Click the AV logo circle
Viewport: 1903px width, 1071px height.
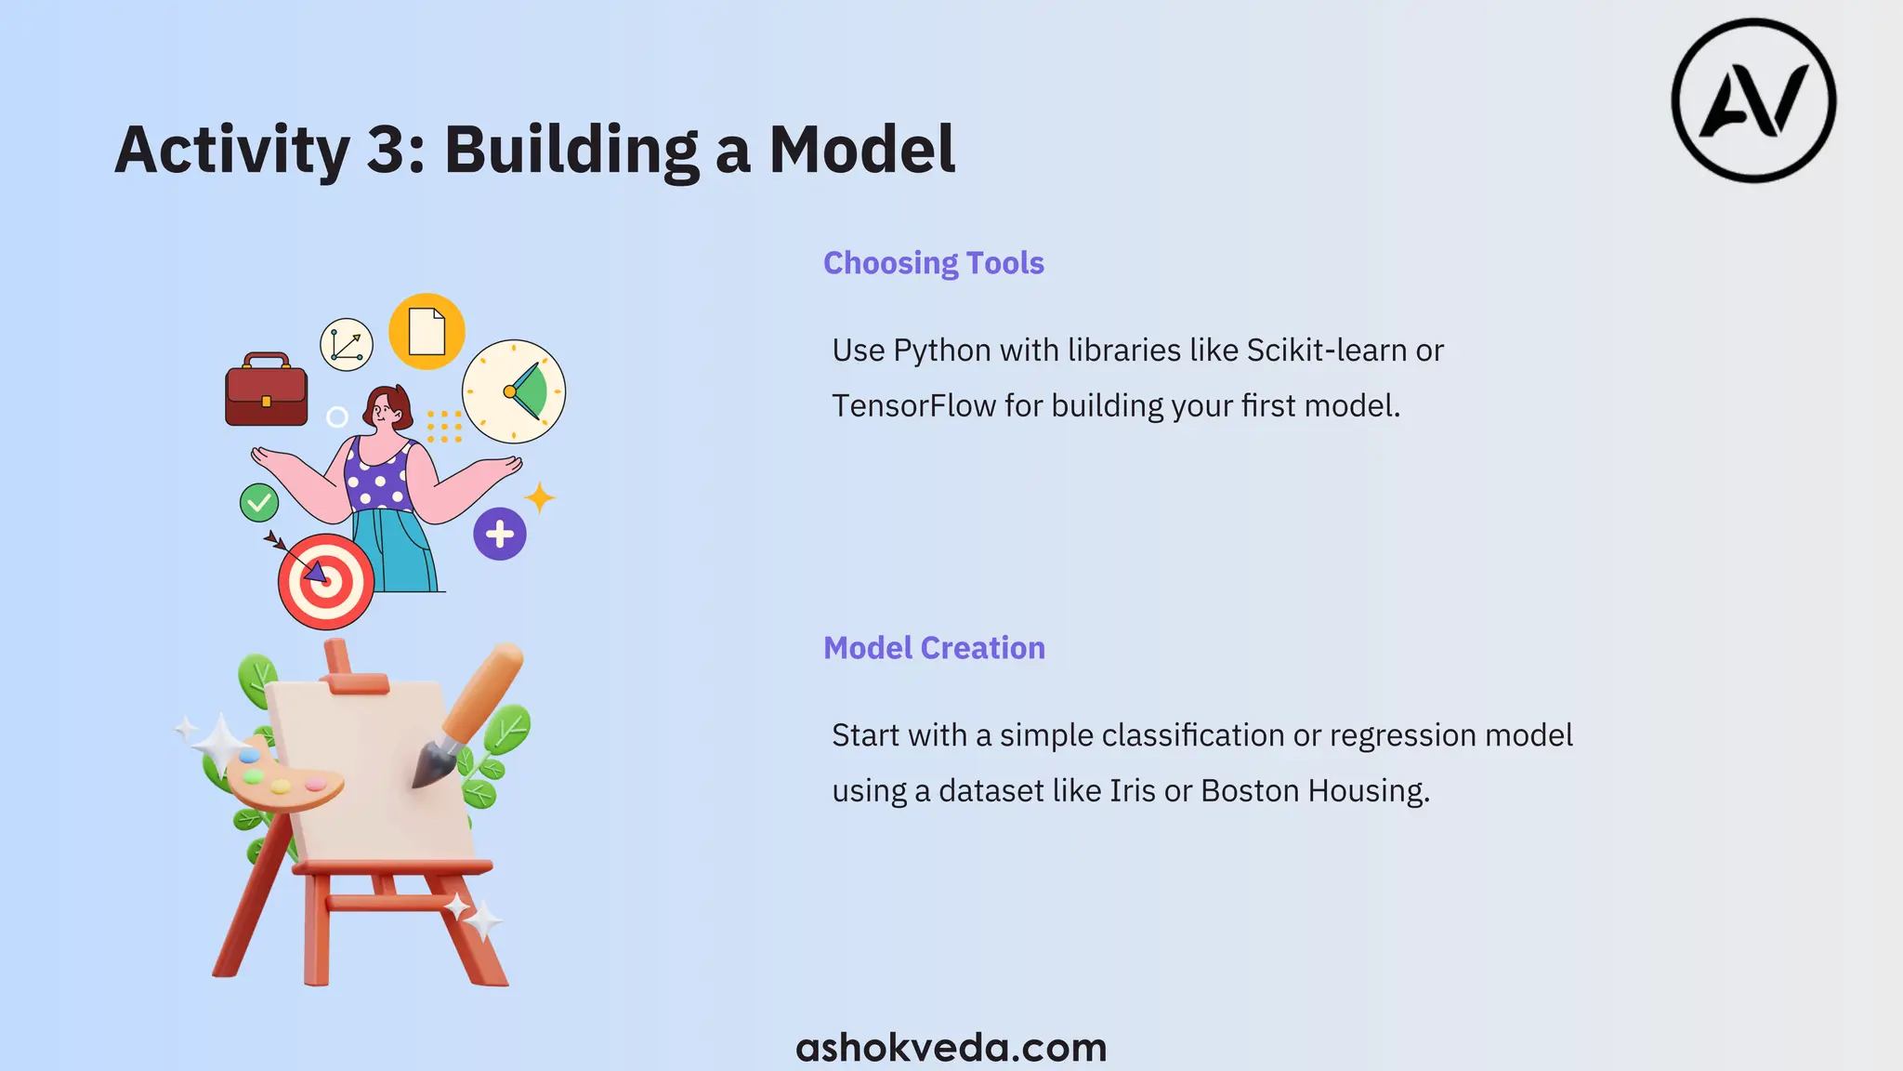pyautogui.click(x=1753, y=100)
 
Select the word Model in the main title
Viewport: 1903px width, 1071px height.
pyautogui.click(x=861, y=150)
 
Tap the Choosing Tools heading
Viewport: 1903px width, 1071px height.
pyautogui.click(x=933, y=263)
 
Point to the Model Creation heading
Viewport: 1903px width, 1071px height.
pyautogui.click(x=934, y=648)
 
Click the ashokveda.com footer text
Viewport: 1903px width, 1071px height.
pyautogui.click(x=951, y=1048)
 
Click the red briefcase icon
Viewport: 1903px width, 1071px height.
pyautogui.click(x=266, y=390)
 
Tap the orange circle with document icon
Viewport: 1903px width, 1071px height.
pyautogui.click(x=427, y=331)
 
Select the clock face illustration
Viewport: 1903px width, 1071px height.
pyautogui.click(x=514, y=391)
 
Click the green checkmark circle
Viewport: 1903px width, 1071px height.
pyautogui.click(x=259, y=503)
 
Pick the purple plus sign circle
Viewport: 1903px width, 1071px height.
pyautogui.click(x=500, y=534)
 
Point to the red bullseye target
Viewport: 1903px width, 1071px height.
pyautogui.click(x=326, y=581)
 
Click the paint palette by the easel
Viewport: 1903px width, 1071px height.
pyautogui.click(x=282, y=779)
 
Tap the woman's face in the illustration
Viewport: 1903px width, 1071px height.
pyautogui.click(x=384, y=409)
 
